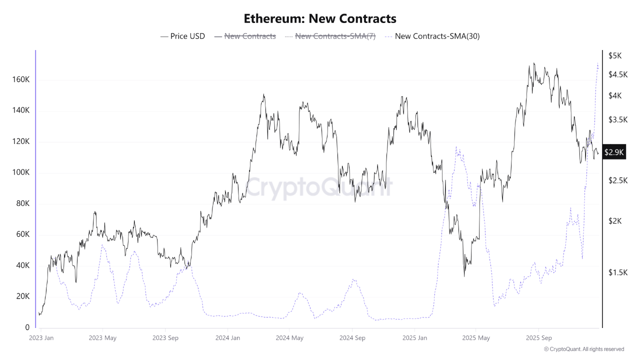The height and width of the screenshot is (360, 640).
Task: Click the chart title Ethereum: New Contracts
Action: [x=320, y=19]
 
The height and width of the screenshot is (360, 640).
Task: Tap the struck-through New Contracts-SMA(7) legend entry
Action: [x=330, y=36]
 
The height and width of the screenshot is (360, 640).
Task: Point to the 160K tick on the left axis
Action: [x=20, y=80]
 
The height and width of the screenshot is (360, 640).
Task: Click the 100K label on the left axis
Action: [x=20, y=172]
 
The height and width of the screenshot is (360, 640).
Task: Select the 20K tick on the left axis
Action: [x=22, y=296]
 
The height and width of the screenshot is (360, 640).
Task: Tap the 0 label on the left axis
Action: [x=27, y=327]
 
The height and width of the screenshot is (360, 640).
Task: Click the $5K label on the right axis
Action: [x=615, y=56]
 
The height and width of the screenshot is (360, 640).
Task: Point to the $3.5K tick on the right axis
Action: [x=618, y=119]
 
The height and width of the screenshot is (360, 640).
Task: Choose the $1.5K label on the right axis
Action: [x=618, y=272]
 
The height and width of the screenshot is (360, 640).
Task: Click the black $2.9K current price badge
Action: [x=614, y=152]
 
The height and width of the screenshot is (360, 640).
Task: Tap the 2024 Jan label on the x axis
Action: [x=227, y=338]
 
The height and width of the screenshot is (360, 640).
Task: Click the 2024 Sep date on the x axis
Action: [x=352, y=338]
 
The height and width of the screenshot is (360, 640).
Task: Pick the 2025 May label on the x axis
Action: [x=476, y=338]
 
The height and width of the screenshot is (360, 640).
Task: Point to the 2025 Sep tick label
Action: [x=538, y=338]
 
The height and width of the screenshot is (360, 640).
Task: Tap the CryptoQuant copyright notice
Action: [x=583, y=349]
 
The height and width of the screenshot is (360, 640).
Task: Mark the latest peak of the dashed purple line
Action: [x=598, y=63]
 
